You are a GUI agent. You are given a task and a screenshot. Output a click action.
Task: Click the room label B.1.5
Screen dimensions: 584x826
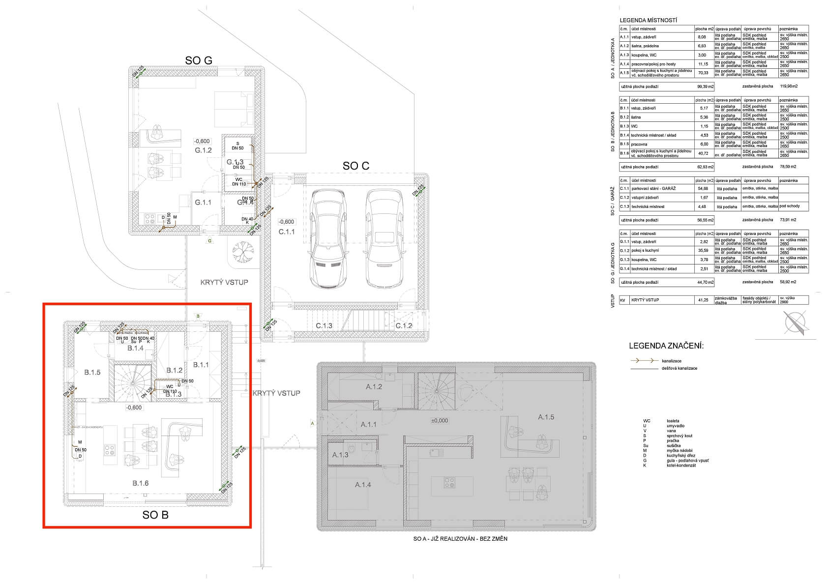click(92, 372)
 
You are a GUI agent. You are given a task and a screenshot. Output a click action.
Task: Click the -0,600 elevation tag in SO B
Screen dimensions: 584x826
click(134, 408)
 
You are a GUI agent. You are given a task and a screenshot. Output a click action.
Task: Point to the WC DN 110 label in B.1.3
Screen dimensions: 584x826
click(170, 389)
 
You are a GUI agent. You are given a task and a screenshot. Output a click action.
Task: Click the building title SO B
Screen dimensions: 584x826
click(155, 515)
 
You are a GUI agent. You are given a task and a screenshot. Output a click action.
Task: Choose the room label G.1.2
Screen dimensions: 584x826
click(203, 150)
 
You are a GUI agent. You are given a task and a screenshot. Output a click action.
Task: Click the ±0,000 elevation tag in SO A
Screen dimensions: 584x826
click(439, 421)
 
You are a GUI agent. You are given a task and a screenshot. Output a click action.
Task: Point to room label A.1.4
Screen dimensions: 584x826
click(363, 485)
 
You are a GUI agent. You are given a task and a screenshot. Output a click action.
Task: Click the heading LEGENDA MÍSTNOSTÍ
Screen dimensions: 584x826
click(649, 20)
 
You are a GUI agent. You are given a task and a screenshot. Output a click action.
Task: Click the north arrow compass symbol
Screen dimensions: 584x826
click(795, 324)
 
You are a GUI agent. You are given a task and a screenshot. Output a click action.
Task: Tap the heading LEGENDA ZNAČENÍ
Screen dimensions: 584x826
click(666, 346)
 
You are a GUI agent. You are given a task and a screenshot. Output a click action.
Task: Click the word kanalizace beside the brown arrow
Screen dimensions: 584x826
click(672, 361)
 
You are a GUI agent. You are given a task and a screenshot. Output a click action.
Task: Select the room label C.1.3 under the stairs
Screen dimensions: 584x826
click(324, 326)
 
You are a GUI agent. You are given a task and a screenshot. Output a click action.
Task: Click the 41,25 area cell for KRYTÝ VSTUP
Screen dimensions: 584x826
click(703, 300)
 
